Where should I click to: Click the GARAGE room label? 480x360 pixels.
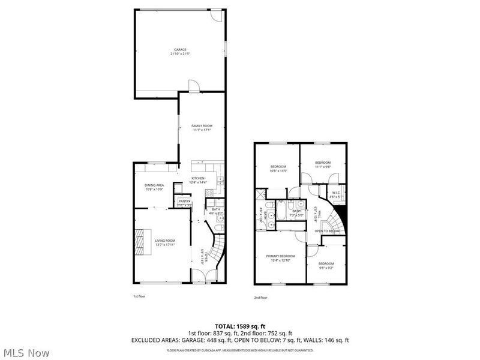point(180,49)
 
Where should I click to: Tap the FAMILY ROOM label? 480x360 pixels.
point(202,126)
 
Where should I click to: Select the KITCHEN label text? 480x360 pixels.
point(198,178)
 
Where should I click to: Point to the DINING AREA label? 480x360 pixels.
point(154,185)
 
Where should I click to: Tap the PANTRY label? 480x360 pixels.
point(184,201)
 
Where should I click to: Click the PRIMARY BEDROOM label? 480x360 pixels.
point(281,256)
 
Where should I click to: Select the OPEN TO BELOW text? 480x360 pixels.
point(327,231)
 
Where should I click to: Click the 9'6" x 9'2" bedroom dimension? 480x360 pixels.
point(326,268)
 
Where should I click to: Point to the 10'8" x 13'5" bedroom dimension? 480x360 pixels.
point(278,170)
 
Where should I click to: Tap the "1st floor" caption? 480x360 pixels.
point(139,296)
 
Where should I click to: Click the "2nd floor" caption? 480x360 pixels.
point(260,297)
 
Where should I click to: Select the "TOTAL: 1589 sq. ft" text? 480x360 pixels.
point(240,326)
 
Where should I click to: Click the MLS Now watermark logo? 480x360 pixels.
point(25,353)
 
